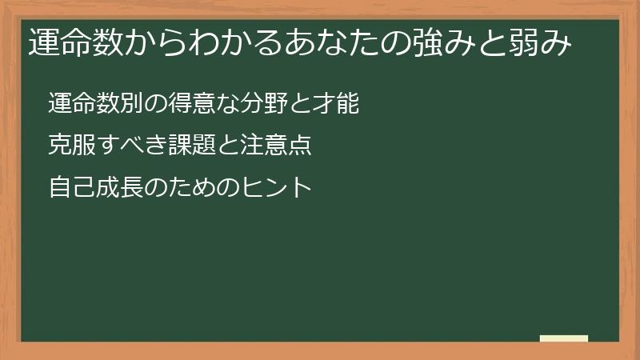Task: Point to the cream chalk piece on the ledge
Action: click(564, 338)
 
